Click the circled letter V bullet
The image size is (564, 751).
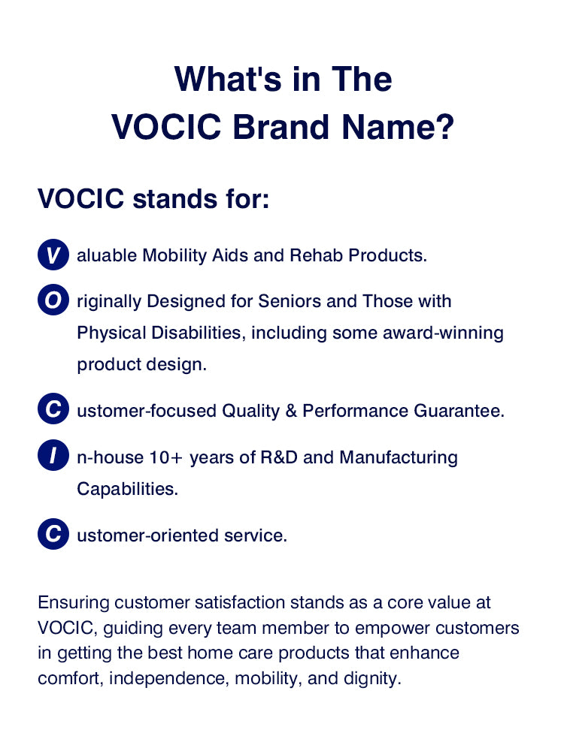(53, 255)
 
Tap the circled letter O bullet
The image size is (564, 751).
(53, 301)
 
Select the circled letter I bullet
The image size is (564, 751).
(53, 457)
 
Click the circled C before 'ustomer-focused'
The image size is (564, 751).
(53, 410)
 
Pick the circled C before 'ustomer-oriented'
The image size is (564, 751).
(53, 535)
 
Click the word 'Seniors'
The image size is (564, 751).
(290, 301)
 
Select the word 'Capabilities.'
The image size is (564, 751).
(127, 489)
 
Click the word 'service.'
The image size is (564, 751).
(256, 536)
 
